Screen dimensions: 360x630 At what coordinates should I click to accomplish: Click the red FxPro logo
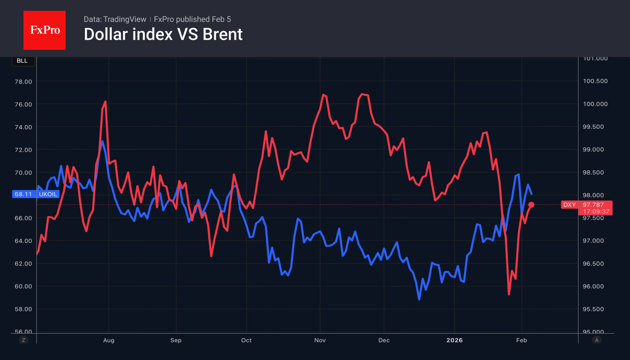click(45, 30)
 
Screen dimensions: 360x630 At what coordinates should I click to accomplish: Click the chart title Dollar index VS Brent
click(163, 34)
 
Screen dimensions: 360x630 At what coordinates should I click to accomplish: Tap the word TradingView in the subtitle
click(124, 19)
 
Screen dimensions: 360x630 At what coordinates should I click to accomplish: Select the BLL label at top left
click(22, 61)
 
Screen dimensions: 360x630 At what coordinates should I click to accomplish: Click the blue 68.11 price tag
click(23, 194)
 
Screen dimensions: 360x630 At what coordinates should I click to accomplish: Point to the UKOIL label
click(48, 194)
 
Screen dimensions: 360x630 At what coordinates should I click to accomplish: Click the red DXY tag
click(569, 205)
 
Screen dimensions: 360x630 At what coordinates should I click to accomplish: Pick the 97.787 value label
click(593, 205)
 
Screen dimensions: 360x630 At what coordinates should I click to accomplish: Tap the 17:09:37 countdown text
click(596, 212)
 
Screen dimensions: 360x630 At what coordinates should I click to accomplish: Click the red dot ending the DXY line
click(531, 205)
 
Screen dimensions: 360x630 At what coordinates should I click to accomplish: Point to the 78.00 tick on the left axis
click(23, 82)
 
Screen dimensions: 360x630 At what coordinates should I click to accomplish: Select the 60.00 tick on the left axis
click(23, 286)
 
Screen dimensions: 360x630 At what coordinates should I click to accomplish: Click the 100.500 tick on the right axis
click(595, 81)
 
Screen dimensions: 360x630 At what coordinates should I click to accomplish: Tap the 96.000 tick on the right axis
click(593, 286)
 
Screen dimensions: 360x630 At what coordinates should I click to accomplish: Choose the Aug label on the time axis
click(109, 340)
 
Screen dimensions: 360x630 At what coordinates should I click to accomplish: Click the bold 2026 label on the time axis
click(454, 340)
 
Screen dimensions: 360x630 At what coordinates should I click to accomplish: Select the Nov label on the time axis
click(320, 340)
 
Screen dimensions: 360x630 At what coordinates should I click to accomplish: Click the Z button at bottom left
click(23, 340)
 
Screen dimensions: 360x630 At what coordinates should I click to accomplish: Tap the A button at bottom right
click(597, 340)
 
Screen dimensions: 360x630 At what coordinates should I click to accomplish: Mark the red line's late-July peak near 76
click(105, 102)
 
